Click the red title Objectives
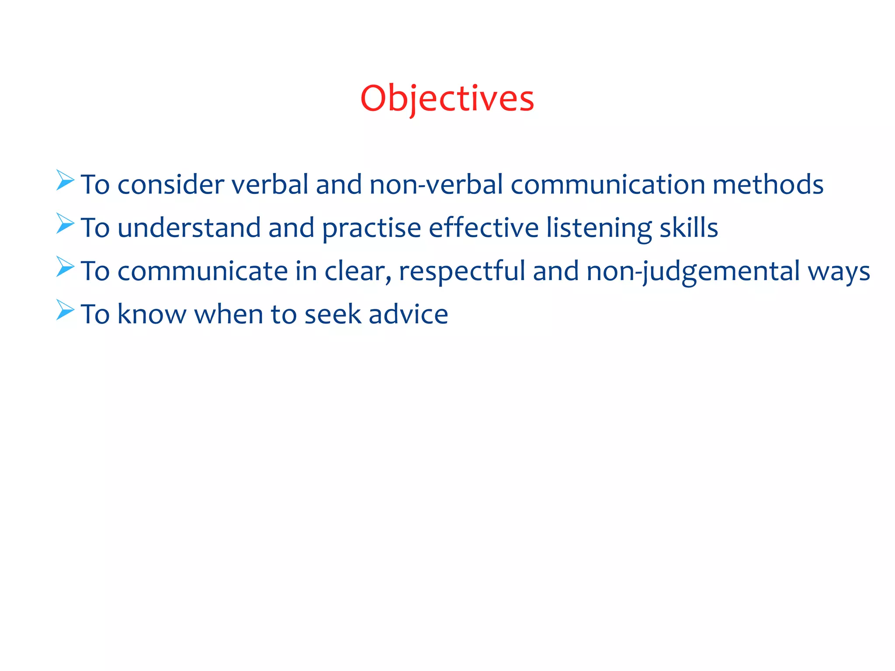447,99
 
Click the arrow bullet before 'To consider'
65,180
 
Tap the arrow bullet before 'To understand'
65,223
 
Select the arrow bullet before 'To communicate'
65,266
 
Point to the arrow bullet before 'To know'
65,310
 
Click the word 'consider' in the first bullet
170,184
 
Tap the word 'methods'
768,184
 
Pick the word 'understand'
189,228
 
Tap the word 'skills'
688,228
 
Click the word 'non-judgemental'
693,272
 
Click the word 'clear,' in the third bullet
358,271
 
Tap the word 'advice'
408,314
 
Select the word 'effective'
484,228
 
